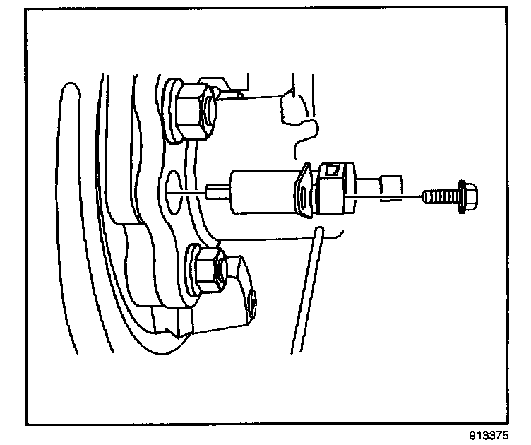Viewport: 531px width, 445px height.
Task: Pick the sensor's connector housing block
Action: pos(336,189)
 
